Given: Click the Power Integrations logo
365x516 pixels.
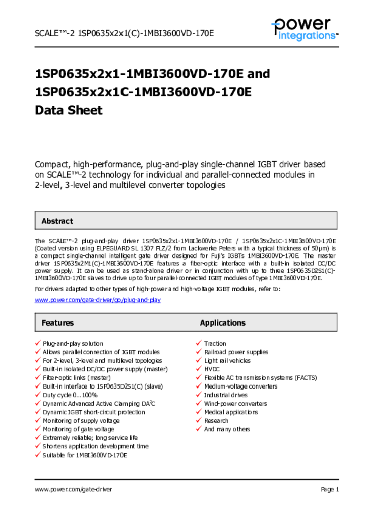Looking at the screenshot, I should click(x=304, y=29).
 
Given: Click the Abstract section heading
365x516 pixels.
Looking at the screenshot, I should click(x=57, y=221).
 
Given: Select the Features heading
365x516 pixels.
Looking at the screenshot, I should click(x=57, y=322).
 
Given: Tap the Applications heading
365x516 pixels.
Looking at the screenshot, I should click(x=222, y=322).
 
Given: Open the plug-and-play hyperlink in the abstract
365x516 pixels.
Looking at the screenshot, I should click(x=98, y=300).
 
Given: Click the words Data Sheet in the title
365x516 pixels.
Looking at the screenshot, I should click(x=69, y=110).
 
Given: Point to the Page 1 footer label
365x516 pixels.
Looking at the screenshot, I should click(x=330, y=489).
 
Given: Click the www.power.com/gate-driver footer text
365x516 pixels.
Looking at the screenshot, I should click(x=74, y=489).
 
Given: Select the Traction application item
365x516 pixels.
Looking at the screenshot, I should click(x=215, y=344).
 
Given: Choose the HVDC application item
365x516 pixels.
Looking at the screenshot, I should click(x=212, y=369).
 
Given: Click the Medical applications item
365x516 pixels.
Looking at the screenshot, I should click(x=230, y=412).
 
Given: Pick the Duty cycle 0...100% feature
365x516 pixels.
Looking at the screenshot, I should click(x=70, y=395).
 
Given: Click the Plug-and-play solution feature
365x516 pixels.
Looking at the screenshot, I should click(x=73, y=344).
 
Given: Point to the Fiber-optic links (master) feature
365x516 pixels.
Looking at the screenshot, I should click(x=77, y=378).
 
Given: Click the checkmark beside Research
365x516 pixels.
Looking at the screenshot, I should click(x=199, y=421).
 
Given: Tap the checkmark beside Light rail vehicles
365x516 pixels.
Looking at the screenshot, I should click(x=199, y=361).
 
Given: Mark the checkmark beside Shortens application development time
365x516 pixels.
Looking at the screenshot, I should click(x=37, y=446).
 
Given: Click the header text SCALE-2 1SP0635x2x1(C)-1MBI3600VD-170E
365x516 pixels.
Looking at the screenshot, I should click(x=125, y=33).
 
